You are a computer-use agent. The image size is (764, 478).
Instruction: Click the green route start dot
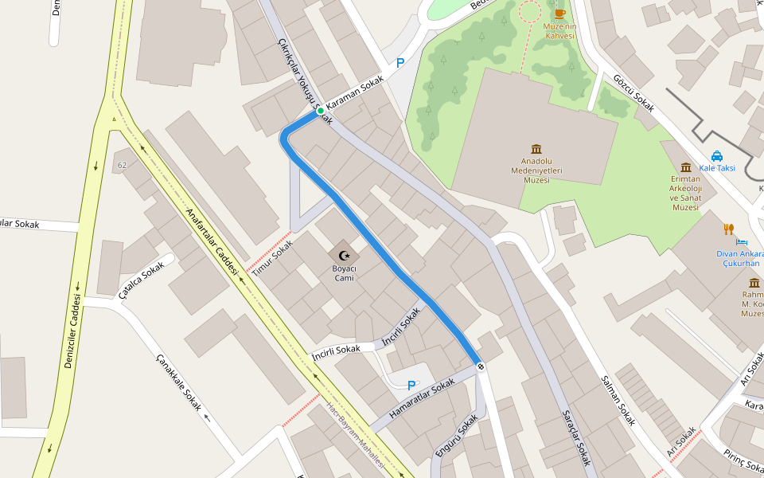point(320,111)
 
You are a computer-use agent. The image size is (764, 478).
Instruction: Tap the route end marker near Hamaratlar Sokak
point(480,366)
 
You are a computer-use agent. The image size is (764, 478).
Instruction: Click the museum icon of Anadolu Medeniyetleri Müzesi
point(536,150)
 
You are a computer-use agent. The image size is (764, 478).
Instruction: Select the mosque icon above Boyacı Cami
point(344,255)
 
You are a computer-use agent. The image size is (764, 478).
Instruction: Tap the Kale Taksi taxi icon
point(717,156)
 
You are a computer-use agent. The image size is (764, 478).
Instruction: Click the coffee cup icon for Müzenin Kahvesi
point(559,13)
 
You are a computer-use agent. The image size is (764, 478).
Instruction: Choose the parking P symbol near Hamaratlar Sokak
point(411,386)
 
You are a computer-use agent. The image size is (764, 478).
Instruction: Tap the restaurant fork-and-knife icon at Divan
point(728,229)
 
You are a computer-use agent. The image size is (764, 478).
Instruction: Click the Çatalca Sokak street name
point(140,280)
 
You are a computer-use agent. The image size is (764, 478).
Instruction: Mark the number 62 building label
point(122,165)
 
